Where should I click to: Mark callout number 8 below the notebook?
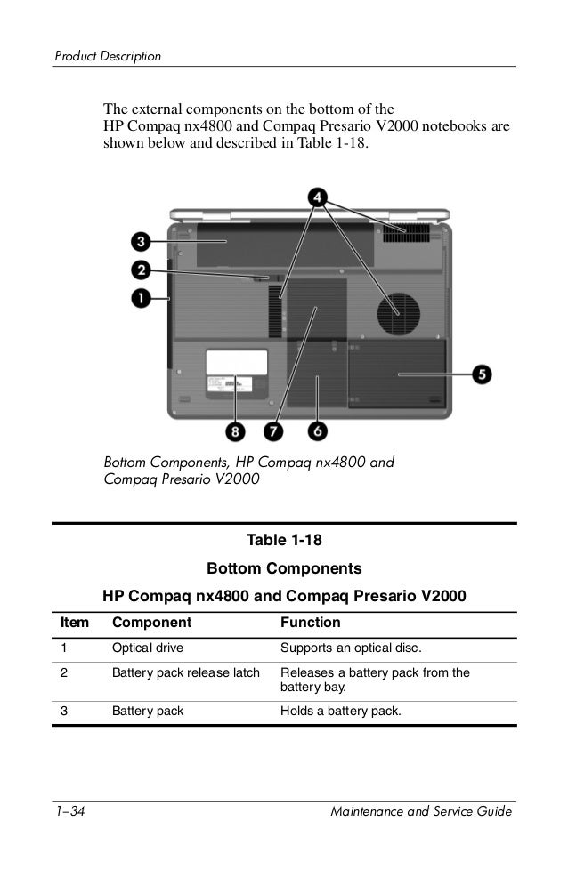(x=235, y=430)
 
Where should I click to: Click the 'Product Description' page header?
(x=108, y=57)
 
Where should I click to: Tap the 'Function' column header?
(x=310, y=623)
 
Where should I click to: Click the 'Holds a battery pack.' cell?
(x=340, y=711)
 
